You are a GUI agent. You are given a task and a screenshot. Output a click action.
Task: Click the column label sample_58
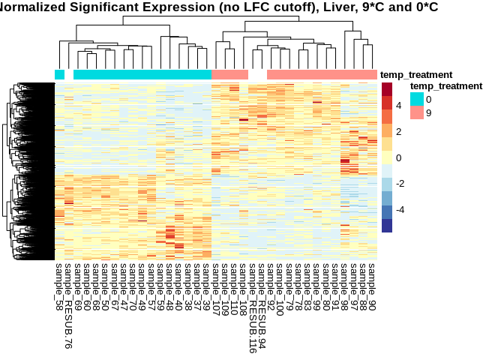pos(59,286)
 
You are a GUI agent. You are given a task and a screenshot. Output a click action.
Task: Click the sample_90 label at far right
pos(373,286)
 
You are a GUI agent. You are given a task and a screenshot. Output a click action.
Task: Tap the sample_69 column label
pos(78,286)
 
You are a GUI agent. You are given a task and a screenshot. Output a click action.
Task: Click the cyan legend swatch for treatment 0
pos(416,98)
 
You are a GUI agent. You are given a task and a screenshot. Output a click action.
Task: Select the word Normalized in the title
pos(34,7)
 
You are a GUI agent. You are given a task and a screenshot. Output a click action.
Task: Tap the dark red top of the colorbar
pos(387,88)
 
